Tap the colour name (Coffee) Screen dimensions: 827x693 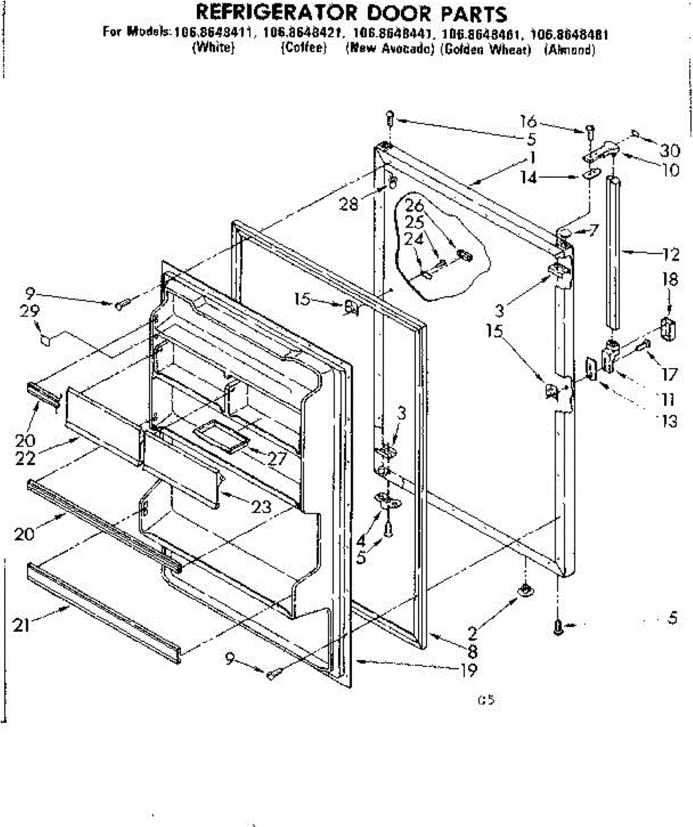point(303,49)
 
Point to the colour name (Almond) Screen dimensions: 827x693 point(569,50)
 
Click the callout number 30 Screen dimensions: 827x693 point(669,151)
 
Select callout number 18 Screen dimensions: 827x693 point(668,280)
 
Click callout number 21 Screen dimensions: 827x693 point(22,625)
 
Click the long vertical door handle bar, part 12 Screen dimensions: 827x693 point(614,252)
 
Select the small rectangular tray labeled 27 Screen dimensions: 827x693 point(221,438)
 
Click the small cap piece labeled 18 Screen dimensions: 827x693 point(667,327)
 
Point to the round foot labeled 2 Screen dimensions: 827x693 point(526,589)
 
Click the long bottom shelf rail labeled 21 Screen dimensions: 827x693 point(103,610)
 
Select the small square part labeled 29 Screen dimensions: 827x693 point(46,339)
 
